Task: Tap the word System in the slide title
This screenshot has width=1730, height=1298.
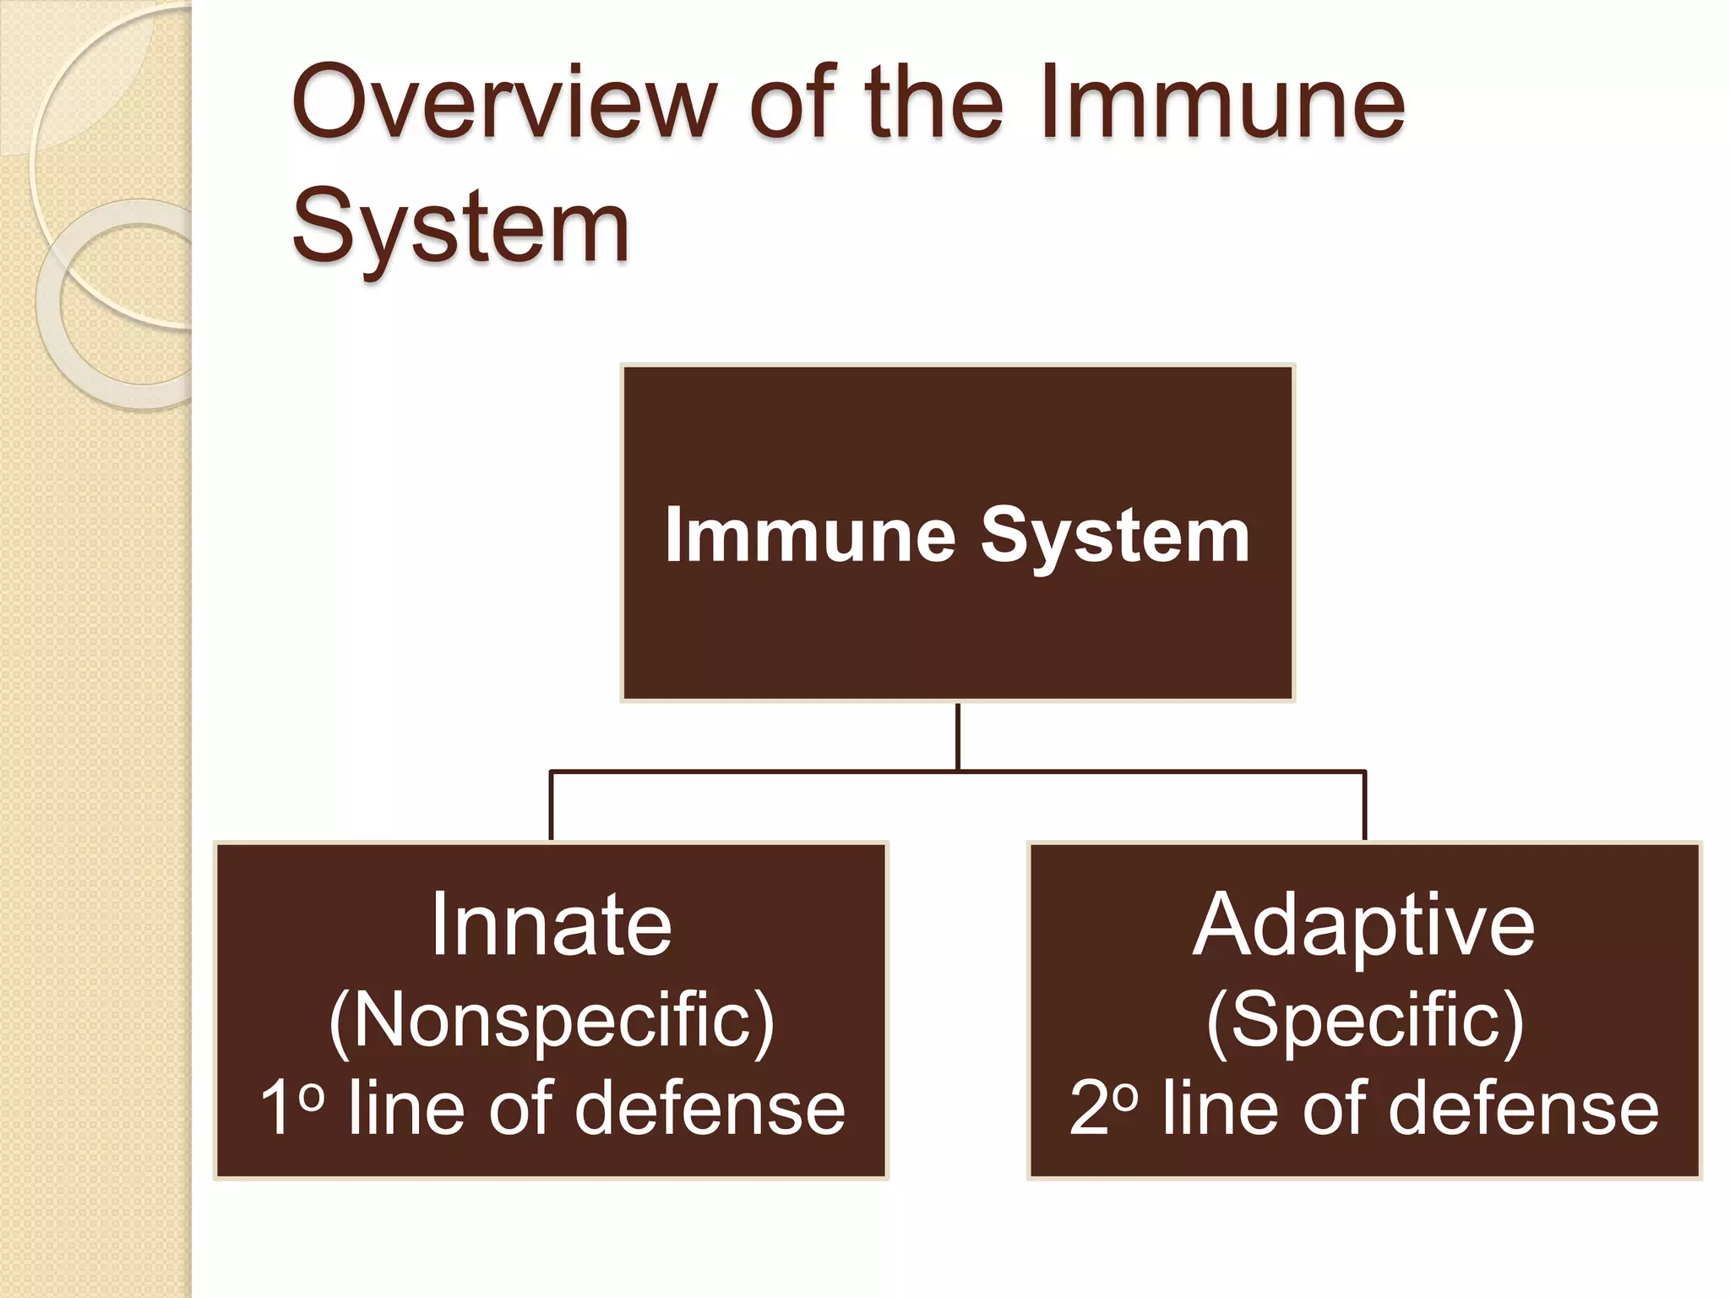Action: [x=460, y=226]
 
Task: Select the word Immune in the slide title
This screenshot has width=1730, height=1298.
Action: [x=1221, y=105]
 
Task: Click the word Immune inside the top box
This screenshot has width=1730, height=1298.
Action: [x=810, y=535]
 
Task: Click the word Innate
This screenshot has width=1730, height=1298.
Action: [x=551, y=924]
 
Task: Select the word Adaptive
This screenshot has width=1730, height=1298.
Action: [x=1363, y=926]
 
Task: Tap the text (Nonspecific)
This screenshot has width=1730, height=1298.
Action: [x=551, y=1020]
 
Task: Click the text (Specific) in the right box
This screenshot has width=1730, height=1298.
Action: [x=1364, y=1020]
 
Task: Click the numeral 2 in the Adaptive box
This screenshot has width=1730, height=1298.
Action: [x=1089, y=1108]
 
